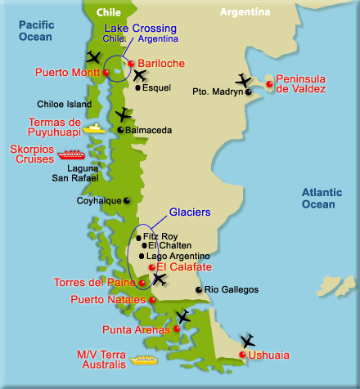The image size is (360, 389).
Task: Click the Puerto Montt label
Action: tap(68, 72)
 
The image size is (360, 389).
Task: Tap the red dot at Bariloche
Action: tap(132, 64)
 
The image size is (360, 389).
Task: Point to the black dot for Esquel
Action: tap(137, 87)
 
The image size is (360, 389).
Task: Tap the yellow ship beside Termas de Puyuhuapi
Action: tap(96, 128)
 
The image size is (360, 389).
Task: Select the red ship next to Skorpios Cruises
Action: tap(70, 154)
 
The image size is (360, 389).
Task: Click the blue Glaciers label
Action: tap(190, 212)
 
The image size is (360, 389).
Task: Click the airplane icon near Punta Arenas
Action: tap(182, 316)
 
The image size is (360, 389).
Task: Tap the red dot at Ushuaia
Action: tap(241, 355)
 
